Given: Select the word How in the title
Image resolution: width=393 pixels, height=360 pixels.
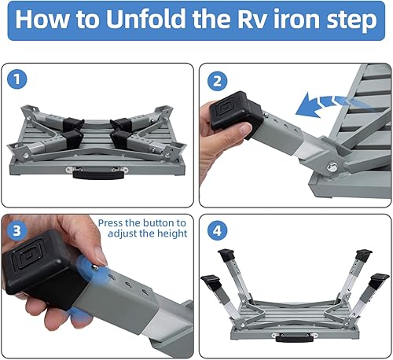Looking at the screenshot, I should coord(42,21).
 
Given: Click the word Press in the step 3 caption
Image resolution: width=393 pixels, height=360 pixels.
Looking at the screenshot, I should coord(115,222).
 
